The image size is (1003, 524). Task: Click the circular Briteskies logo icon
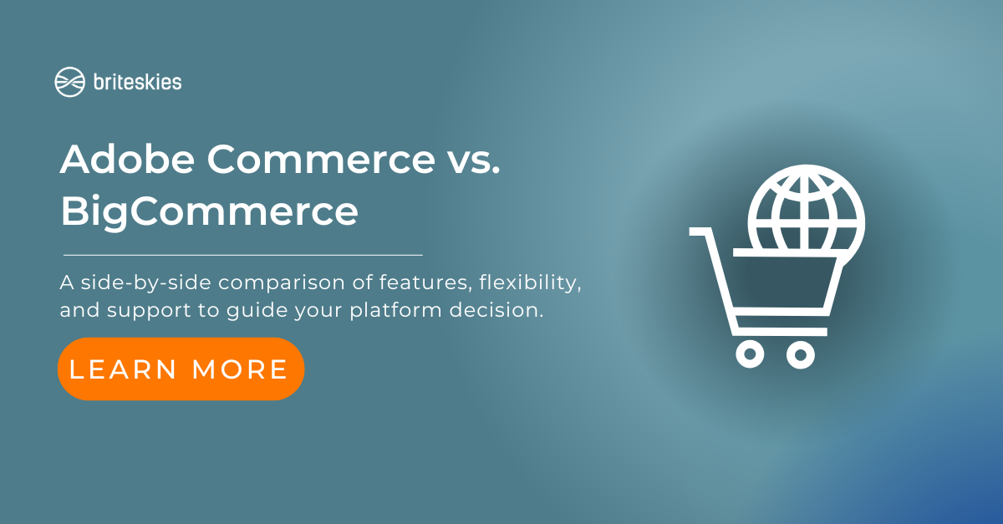pos(70,82)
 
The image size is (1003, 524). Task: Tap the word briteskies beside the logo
pos(137,82)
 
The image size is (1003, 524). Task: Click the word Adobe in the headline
pos(127,159)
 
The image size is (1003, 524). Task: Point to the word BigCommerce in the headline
pos(210,212)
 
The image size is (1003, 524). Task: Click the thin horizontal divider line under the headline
pos(243,255)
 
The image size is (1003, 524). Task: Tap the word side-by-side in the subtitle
pos(146,283)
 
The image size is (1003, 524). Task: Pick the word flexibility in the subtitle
pos(530,283)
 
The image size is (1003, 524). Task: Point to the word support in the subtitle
pos(149,311)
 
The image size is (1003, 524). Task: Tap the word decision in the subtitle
pos(496,310)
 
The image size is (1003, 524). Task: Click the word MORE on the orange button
pos(240,369)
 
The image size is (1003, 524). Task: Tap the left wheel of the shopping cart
pos(750,354)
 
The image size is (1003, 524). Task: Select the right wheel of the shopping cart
pos(801,354)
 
